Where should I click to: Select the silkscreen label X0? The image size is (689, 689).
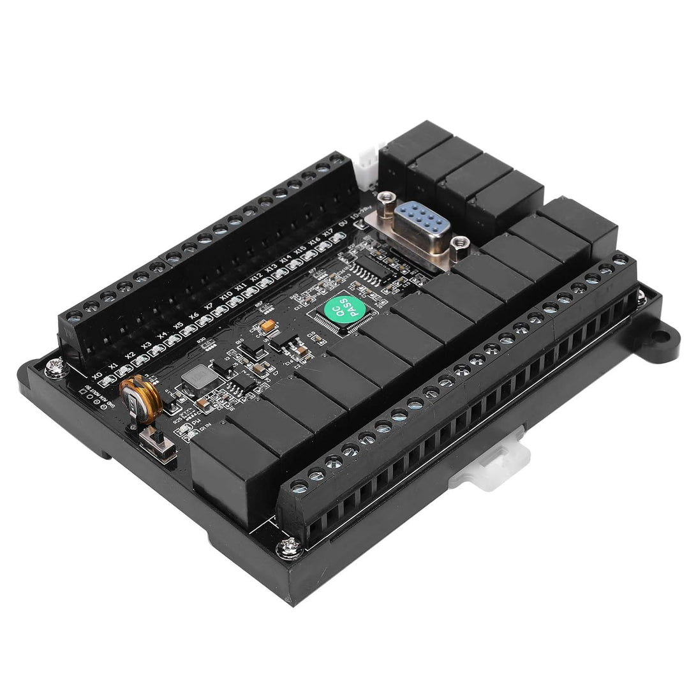pos(97,375)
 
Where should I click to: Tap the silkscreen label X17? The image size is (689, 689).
pos(327,234)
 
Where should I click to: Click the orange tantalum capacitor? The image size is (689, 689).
pos(269,326)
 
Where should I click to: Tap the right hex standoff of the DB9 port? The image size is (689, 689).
pos(459,244)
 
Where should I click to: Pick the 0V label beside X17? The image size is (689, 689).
pos(343,225)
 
